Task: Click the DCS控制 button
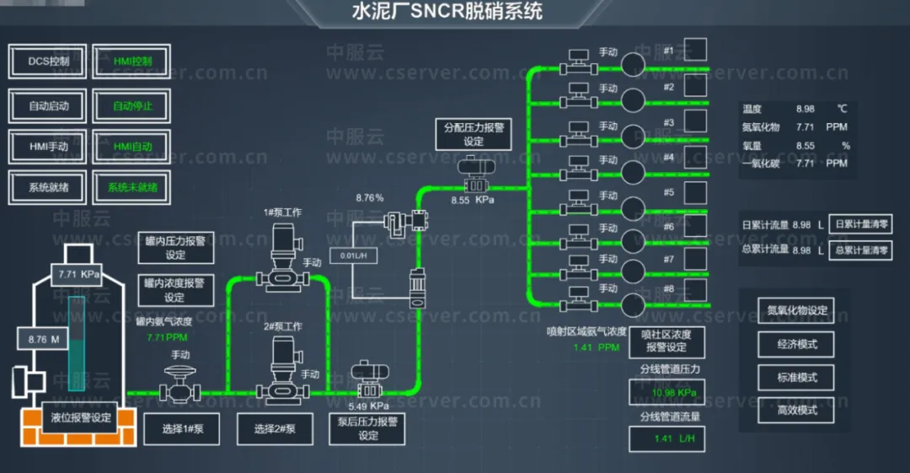[x=49, y=61]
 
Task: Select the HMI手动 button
[x=49, y=146]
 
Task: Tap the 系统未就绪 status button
[x=132, y=187]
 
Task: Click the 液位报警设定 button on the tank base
[x=81, y=417]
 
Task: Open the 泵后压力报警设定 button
[x=368, y=428]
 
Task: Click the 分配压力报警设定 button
[x=474, y=135]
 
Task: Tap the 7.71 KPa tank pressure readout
[x=80, y=275]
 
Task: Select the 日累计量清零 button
[x=861, y=225]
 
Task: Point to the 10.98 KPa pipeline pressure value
[x=666, y=393]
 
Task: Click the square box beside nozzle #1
[x=696, y=50]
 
